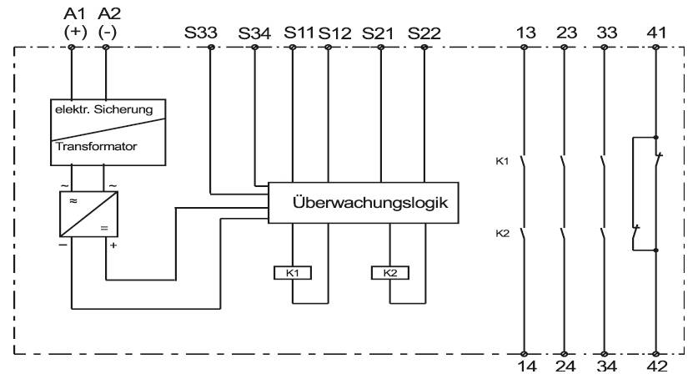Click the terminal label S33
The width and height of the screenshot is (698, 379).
200,34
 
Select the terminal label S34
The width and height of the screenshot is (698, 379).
254,34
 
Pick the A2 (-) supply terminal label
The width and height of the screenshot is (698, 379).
105,23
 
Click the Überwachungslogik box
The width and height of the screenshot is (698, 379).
363,204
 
